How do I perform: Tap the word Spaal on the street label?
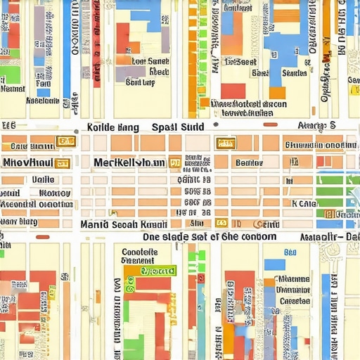coord(165,128)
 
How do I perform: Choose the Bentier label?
coord(249,163)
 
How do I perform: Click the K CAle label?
coord(304,204)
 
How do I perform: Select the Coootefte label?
coord(139,252)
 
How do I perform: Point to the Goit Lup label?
coord(139,82)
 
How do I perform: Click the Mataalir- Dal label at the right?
coord(330,238)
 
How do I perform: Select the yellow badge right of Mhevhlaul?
coord(62,163)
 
